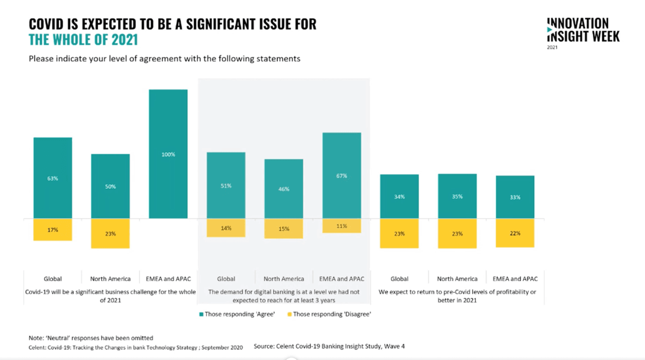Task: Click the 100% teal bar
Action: point(168,154)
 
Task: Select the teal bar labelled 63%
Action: point(52,178)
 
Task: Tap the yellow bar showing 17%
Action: point(52,230)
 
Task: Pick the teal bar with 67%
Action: point(342,175)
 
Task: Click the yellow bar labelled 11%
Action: point(342,226)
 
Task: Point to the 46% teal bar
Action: point(284,189)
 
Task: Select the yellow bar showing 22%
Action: point(515,233)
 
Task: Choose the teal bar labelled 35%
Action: point(457,196)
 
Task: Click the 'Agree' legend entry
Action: point(237,314)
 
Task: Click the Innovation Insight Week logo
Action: point(583,32)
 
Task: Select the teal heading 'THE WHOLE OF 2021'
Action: point(83,40)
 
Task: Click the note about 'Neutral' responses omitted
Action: point(91,338)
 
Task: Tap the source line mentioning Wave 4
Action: point(329,346)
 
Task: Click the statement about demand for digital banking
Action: point(283,296)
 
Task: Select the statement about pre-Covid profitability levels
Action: point(457,296)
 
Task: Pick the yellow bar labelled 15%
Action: point(284,229)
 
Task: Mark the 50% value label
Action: point(111,187)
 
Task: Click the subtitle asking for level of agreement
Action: point(165,59)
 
